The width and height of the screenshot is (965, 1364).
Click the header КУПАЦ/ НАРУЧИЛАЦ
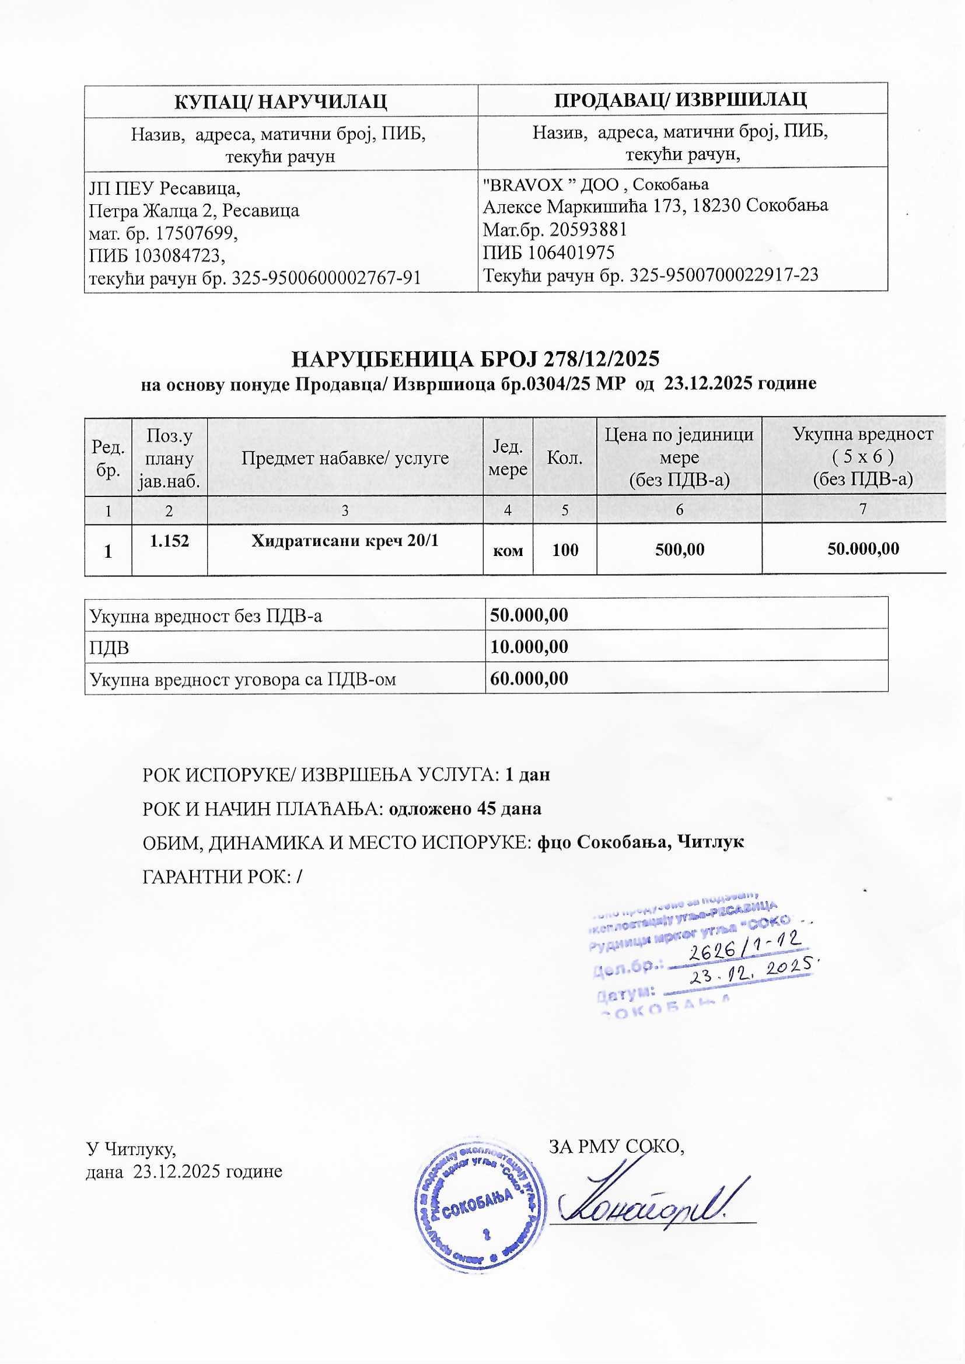pyautogui.click(x=281, y=101)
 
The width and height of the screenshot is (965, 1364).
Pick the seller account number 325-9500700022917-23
pyautogui.click(x=723, y=275)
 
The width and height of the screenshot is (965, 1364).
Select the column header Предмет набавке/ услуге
pyautogui.click(x=345, y=458)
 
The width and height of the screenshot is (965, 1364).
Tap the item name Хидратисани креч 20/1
pyautogui.click(x=345, y=541)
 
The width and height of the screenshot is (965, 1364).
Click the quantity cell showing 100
pyautogui.click(x=565, y=550)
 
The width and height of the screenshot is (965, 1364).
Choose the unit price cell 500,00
pyautogui.click(x=679, y=550)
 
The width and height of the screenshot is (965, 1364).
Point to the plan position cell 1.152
pyautogui.click(x=169, y=541)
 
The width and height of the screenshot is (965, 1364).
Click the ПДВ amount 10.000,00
pyautogui.click(x=528, y=646)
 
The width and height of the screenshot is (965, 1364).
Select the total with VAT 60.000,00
pyautogui.click(x=528, y=678)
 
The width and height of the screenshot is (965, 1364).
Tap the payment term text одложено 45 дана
pyautogui.click(x=464, y=809)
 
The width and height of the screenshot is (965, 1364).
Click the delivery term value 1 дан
pyautogui.click(x=526, y=775)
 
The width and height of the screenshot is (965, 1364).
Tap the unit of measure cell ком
pyautogui.click(x=508, y=551)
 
